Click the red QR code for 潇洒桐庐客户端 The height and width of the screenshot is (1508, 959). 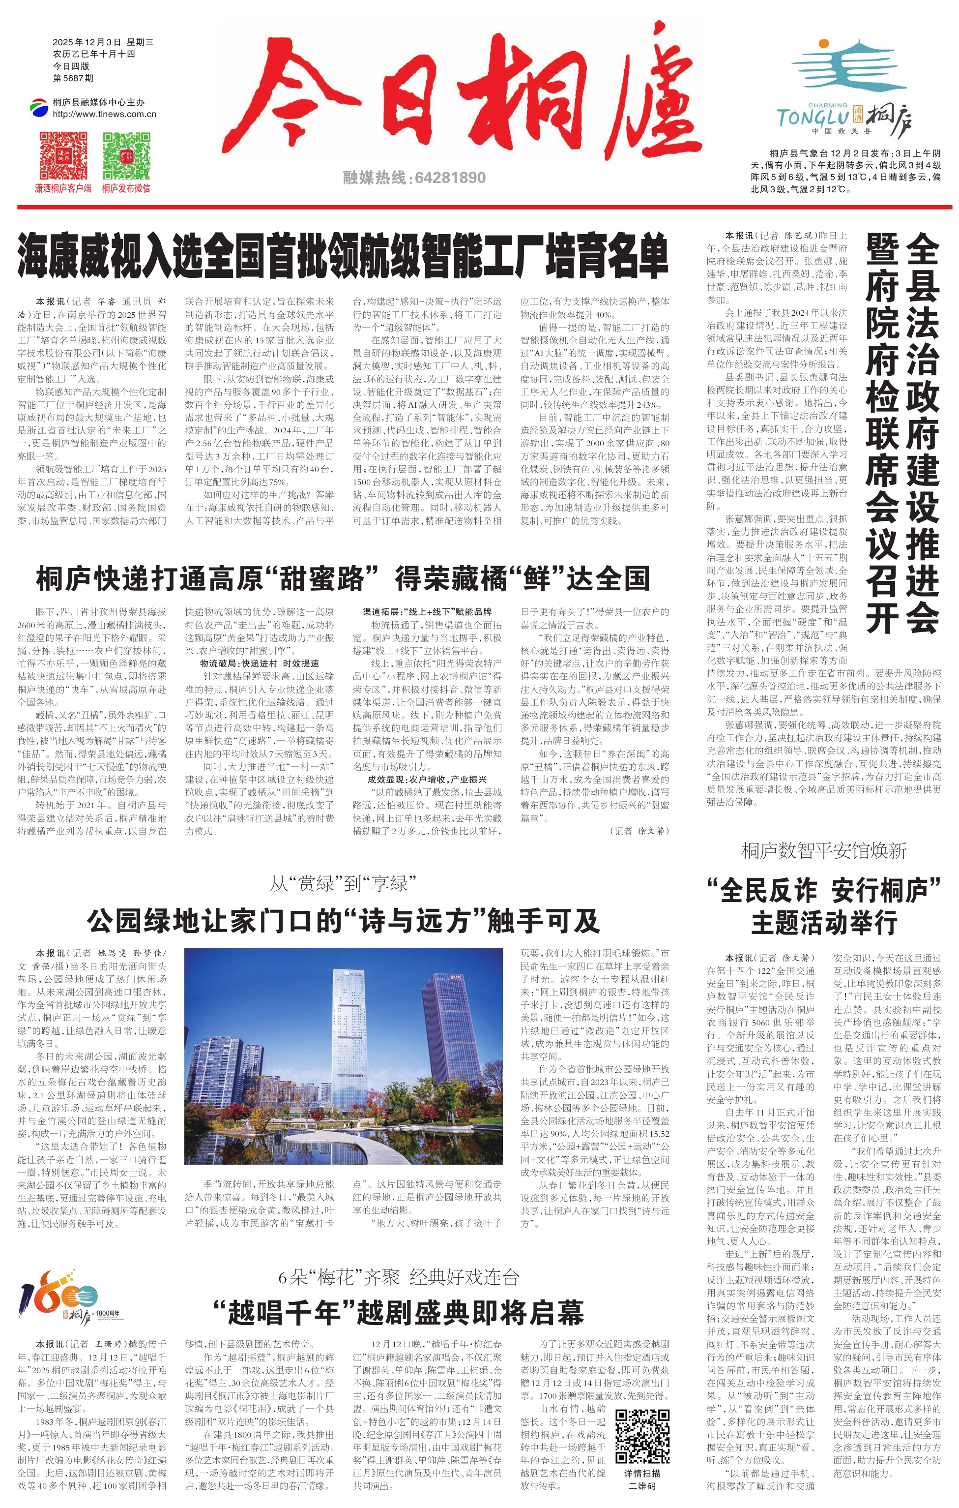pos(63,155)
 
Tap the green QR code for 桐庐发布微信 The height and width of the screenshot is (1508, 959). pos(126,155)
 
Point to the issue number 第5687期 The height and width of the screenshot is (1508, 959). pos(73,78)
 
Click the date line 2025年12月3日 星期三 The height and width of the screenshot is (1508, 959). pos(103,42)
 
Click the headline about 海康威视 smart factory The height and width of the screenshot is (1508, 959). pos(343,255)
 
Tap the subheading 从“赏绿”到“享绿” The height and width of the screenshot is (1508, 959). pos(343,884)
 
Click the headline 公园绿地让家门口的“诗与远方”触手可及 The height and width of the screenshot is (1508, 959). pos(343,920)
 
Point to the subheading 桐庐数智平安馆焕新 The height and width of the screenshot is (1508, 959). pos(824,850)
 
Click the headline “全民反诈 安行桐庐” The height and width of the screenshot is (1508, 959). pos(824,890)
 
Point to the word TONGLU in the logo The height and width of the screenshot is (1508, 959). pos(812,118)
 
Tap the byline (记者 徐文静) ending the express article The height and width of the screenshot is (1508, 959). pos(639,831)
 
